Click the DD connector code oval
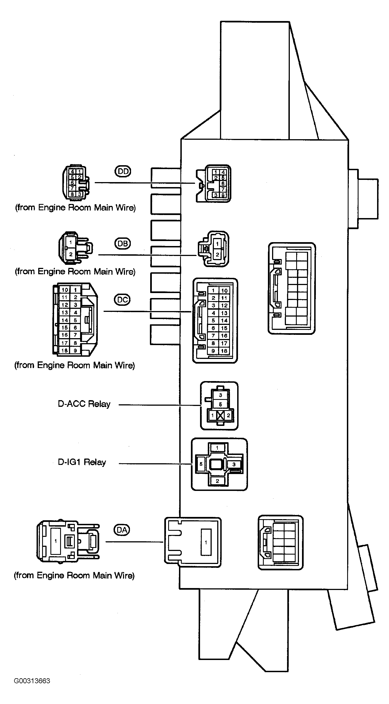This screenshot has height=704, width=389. coord(122,171)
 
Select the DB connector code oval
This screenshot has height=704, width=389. coord(122,243)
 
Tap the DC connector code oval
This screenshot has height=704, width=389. coord(122,300)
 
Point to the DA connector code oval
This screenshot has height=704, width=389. coord(122,530)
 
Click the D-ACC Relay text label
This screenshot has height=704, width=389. coord(84,404)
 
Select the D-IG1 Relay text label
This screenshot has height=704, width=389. coord(82,462)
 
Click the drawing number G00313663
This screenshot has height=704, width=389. coord(32,681)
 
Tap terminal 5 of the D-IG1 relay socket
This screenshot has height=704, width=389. coord(201,464)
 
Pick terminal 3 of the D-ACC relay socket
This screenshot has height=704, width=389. coord(221,395)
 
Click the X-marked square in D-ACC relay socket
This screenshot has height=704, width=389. coord(221,415)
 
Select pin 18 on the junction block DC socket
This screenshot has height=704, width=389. coord(224,351)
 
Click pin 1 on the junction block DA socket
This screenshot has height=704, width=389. coord(206,542)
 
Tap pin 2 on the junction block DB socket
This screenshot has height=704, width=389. coord(217,255)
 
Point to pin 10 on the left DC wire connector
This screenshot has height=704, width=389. coord(65,290)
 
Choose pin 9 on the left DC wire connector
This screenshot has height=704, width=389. coord(75,350)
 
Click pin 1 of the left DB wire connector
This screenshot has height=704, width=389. coord(71,242)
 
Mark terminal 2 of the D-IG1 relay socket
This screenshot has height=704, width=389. coord(217,481)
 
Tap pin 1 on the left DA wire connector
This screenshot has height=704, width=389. coord(56,541)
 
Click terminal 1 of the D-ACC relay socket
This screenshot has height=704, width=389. coord(213,415)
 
